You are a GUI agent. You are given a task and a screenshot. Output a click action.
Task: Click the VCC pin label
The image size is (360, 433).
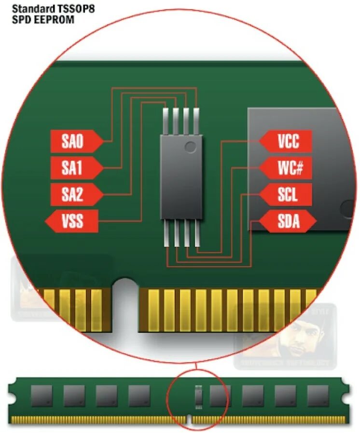click(x=288, y=141)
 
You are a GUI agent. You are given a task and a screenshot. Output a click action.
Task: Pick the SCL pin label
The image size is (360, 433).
click(x=288, y=195)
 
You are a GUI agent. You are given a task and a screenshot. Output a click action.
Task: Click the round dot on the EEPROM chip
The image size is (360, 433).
click(x=191, y=145)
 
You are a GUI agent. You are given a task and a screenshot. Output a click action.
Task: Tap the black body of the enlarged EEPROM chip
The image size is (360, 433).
click(x=181, y=183)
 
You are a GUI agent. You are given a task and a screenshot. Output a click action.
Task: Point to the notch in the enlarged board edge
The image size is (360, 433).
click(x=126, y=299)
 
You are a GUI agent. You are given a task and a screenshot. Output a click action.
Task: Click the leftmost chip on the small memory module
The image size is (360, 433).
click(x=42, y=395)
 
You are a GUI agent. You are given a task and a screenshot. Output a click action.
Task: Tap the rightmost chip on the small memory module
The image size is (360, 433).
click(x=318, y=395)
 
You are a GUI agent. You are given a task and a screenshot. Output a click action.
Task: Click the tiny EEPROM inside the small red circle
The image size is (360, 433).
click(x=198, y=396)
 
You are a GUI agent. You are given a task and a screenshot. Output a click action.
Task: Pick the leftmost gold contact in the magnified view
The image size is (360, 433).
click(x=50, y=309)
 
